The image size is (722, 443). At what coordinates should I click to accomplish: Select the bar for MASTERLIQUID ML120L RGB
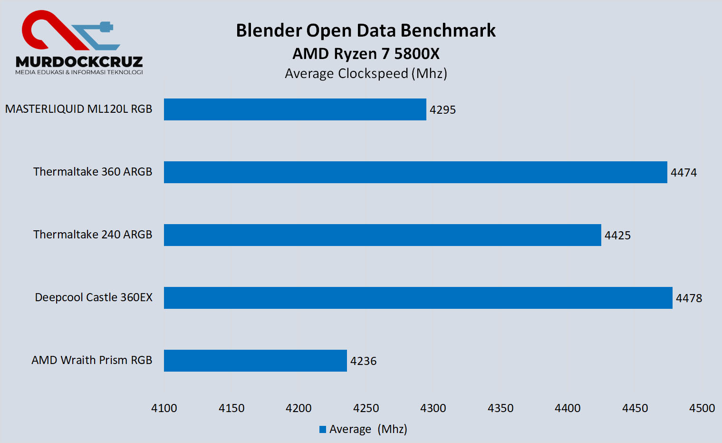[295, 109]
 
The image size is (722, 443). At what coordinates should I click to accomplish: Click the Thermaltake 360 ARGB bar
[415, 172]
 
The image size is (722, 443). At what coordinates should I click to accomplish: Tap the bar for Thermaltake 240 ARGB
[382, 235]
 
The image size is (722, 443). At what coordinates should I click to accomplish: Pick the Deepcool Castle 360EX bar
[418, 298]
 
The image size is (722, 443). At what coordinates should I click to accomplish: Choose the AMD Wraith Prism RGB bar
[255, 361]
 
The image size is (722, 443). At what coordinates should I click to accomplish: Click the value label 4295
[443, 110]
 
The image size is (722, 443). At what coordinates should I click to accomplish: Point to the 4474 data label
[683, 173]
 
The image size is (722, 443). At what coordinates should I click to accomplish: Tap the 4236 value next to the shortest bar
[363, 361]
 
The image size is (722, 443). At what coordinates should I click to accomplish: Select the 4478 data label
[689, 298]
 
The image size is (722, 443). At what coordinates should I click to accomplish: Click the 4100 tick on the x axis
[164, 408]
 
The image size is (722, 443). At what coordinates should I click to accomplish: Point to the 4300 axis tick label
[433, 408]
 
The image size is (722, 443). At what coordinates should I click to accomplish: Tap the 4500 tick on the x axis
[702, 408]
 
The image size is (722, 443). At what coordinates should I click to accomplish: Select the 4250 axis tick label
[366, 408]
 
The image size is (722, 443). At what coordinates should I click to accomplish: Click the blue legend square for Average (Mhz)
[323, 429]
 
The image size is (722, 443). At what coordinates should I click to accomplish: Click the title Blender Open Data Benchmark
[366, 30]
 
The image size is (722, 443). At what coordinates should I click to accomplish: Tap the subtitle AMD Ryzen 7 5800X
[366, 54]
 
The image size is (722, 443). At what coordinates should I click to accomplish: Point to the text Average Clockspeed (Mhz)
[366, 74]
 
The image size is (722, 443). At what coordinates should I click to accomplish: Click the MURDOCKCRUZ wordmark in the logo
[79, 62]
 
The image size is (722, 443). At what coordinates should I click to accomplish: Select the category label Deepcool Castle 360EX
[94, 297]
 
